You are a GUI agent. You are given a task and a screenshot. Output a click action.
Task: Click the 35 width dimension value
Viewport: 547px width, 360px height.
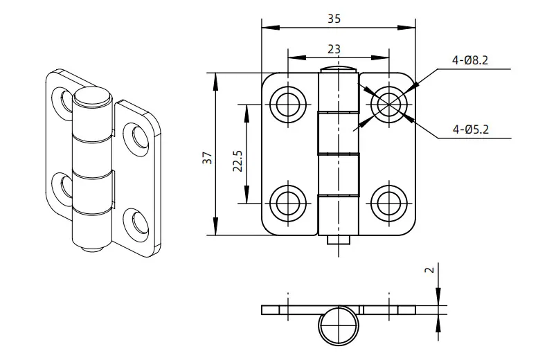[334, 19]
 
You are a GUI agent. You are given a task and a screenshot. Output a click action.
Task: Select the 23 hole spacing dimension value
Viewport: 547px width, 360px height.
[334, 49]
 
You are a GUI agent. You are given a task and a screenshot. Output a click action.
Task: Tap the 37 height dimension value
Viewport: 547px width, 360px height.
[208, 158]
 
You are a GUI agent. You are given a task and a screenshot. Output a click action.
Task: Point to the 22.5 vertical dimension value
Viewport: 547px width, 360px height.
[238, 161]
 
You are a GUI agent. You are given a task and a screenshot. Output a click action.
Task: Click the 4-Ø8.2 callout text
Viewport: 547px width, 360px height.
[470, 61]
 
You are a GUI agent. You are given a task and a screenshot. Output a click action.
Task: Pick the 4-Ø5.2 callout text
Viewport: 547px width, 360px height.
[471, 129]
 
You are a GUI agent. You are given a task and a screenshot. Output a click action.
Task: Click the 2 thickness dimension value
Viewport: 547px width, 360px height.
[431, 269]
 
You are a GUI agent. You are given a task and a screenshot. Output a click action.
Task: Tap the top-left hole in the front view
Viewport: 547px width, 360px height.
[288, 105]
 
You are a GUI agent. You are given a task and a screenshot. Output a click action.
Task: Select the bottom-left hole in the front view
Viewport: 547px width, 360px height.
[288, 203]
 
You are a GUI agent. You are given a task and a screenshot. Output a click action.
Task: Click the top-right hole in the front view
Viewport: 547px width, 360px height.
[389, 105]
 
